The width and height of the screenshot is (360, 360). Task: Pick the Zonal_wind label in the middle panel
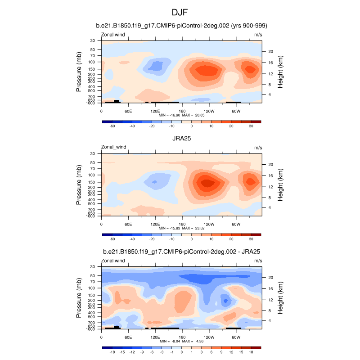coord(113,147)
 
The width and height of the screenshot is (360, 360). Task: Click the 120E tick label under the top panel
coord(155,111)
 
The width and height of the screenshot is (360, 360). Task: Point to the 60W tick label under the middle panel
coord(236,224)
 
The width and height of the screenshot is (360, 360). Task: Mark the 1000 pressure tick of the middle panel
coord(92,216)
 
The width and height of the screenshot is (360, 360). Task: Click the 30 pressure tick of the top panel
coord(93,41)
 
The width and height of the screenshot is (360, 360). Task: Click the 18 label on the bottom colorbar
coord(252,352)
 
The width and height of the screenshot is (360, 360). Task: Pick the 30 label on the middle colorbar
coord(252,239)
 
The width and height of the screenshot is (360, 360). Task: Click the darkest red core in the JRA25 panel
coord(207,183)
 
